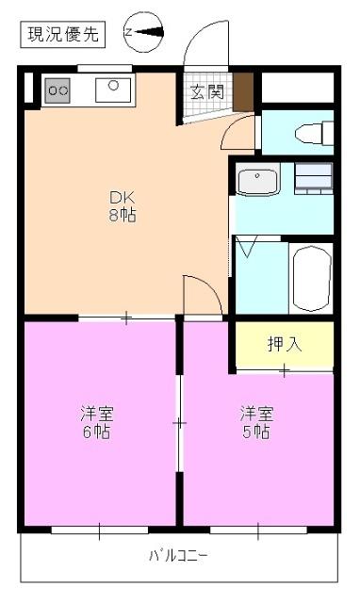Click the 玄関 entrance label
[x=207, y=92]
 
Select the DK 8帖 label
[x=123, y=204]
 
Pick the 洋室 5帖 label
[x=256, y=421]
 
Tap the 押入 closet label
[x=284, y=344]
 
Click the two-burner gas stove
[x=58, y=90]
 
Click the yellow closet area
[x=284, y=347]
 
